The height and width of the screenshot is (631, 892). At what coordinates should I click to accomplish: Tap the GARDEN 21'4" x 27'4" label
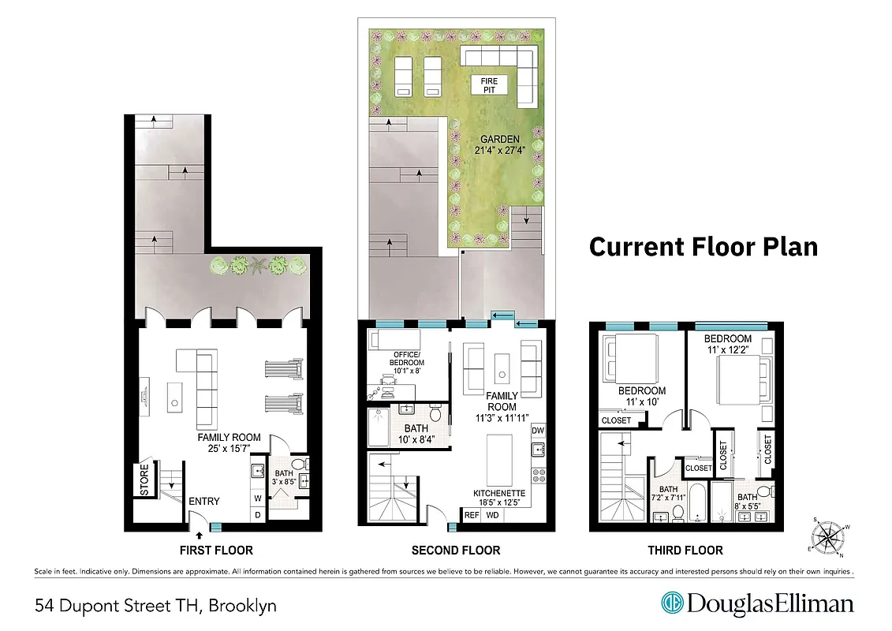[497, 146]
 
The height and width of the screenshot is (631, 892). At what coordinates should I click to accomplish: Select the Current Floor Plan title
[704, 247]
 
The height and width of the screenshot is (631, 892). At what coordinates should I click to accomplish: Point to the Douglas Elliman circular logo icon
[671, 604]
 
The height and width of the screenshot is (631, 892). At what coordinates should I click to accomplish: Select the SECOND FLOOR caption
[456, 550]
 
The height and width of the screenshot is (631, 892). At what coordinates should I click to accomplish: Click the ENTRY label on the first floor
[203, 501]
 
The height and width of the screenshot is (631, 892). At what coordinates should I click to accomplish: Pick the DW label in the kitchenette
[538, 431]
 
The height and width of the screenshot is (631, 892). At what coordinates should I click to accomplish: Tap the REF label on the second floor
[472, 515]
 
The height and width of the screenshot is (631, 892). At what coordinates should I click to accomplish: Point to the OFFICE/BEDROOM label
[408, 358]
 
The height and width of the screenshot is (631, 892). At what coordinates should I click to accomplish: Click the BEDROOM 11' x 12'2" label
[729, 344]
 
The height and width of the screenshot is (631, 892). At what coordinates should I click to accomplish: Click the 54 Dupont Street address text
[156, 606]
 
